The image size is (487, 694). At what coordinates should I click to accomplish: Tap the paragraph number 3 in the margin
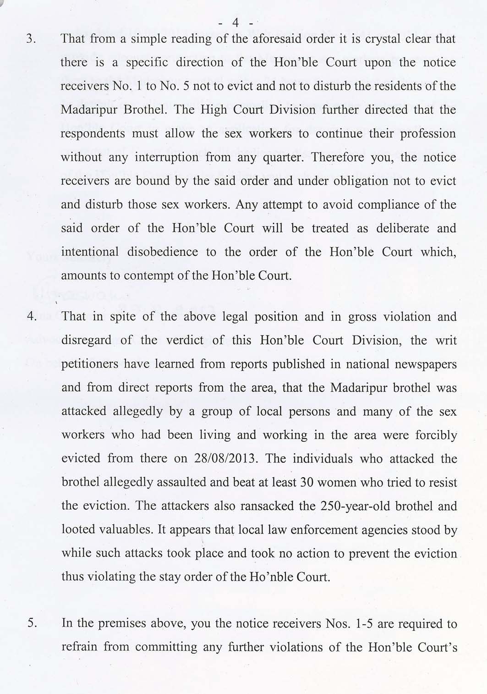(30, 39)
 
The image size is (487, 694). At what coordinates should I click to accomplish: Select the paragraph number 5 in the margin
(31, 623)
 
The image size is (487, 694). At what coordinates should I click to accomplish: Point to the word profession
(427, 134)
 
